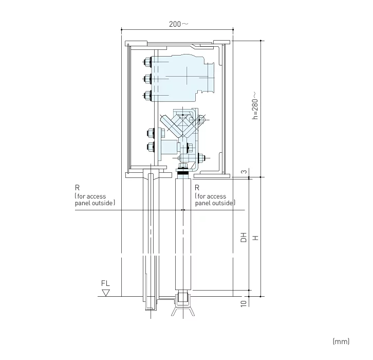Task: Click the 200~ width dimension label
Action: click(178, 24)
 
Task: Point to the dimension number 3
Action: click(243, 171)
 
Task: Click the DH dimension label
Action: click(244, 237)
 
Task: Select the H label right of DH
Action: click(254, 237)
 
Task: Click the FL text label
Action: click(106, 283)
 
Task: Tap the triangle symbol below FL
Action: click(106, 293)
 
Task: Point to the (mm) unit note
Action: click(341, 341)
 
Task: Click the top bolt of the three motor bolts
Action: click(147, 62)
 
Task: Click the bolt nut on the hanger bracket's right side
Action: click(201, 158)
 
